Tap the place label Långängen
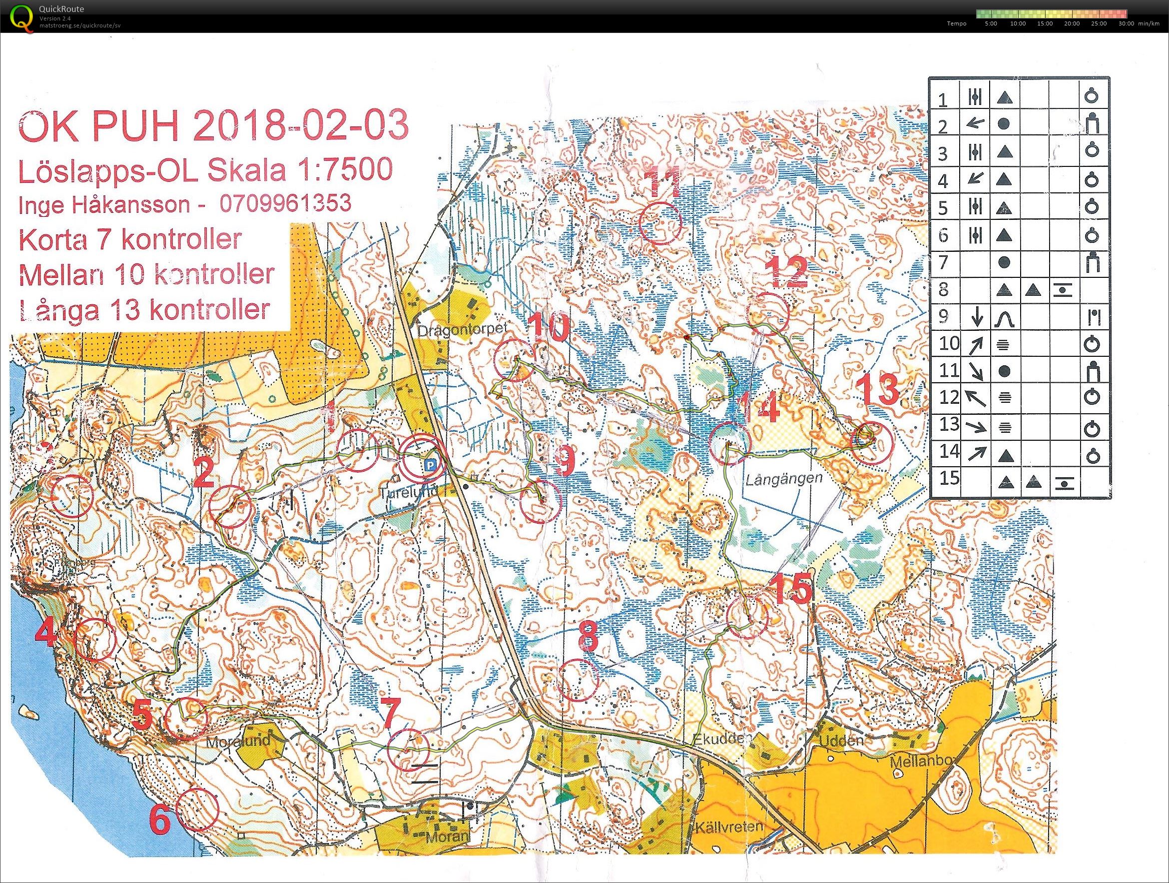coord(784,479)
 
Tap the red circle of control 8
coord(578,681)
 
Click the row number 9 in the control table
coord(943,316)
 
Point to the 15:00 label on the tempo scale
coord(1044,24)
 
